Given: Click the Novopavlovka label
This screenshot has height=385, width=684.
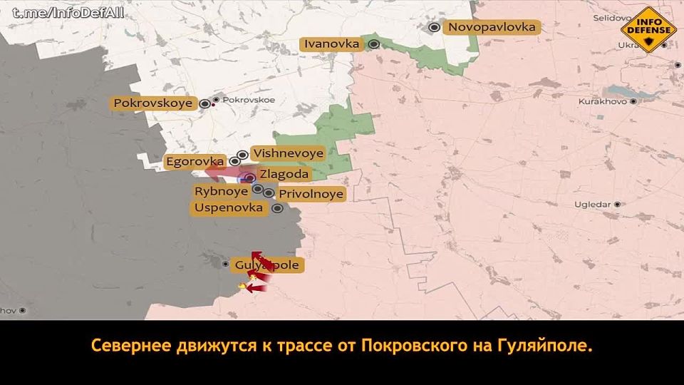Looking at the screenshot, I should (492, 27).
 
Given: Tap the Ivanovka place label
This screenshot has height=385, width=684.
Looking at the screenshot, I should (331, 44).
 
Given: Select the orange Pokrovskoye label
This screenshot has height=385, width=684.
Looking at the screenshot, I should (153, 103).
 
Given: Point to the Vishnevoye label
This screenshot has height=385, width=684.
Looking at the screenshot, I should (288, 153).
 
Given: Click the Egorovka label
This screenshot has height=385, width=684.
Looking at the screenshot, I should (195, 162).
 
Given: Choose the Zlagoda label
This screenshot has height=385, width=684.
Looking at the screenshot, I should (284, 175).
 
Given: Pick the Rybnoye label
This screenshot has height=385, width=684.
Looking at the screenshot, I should (221, 191).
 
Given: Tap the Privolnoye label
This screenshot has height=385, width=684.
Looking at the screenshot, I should (311, 194).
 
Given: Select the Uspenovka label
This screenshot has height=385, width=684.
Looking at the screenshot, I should (228, 208).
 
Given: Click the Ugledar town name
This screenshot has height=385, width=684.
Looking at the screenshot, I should (592, 205).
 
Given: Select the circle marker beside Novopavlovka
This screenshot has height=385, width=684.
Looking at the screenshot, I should (434, 27).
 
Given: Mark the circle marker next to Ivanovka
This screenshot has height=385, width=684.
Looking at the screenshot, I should (373, 44).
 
